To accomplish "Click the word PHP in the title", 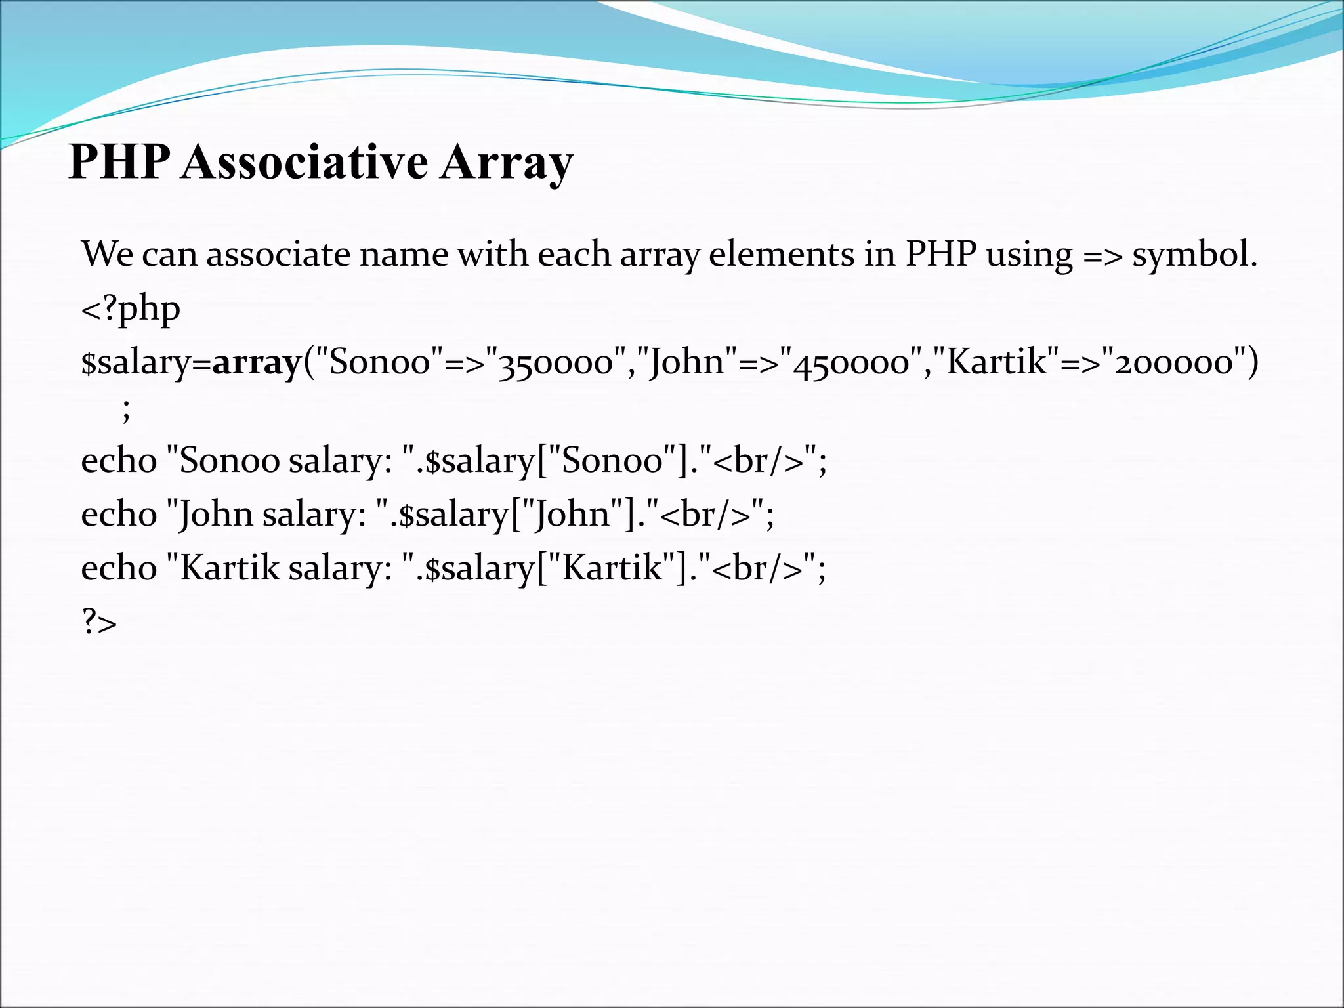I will [119, 161].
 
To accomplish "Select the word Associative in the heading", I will [304, 161].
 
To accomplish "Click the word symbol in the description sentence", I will [1194, 255].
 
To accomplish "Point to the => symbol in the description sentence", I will [1102, 255].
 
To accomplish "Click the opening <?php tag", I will [131, 308].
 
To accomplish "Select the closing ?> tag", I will [99, 621].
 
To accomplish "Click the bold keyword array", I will [256, 362].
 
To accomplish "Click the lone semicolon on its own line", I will [127, 411].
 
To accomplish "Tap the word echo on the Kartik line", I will [119, 568].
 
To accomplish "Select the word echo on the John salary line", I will [119, 514].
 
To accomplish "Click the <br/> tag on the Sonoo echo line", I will [758, 460].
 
